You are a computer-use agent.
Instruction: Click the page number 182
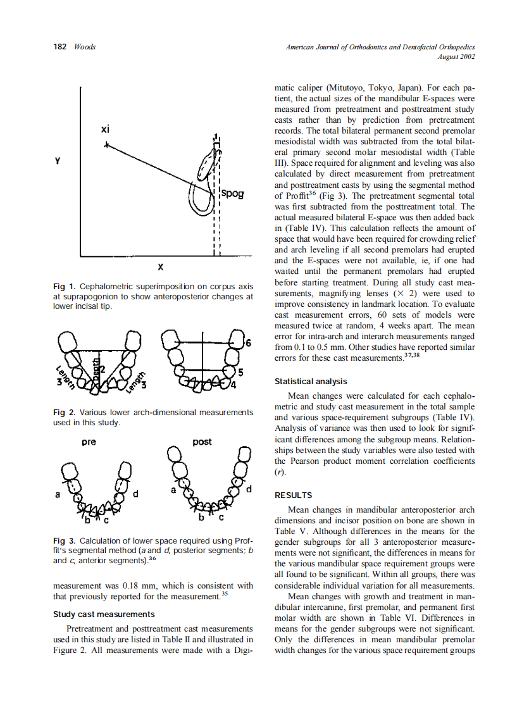tap(61, 47)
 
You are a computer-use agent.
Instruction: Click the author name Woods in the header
tap(85, 47)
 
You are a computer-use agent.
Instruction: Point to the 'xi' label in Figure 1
tap(105, 129)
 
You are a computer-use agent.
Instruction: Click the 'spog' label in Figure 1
tap(232, 193)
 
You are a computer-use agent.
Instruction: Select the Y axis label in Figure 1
tap(58, 161)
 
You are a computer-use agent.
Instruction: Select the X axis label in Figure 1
tap(161, 266)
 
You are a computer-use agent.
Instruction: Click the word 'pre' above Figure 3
tap(89, 442)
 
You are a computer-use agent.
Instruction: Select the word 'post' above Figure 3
tap(202, 442)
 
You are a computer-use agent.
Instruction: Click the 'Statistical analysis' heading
tap(311, 382)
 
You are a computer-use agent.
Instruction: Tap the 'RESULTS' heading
tap(293, 495)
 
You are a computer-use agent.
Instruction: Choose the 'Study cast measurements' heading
tap(103, 614)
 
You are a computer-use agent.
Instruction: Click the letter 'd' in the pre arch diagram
tap(135, 492)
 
